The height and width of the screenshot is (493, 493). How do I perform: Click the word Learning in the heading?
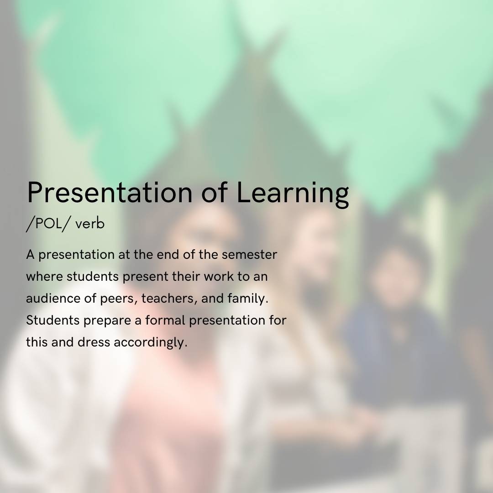pyautogui.click(x=292, y=193)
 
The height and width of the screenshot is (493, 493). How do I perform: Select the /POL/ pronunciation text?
pyautogui.click(x=47, y=224)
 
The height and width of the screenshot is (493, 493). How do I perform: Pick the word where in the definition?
pyautogui.click(x=44, y=276)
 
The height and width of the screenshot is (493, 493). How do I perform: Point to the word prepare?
pyautogui.click(x=107, y=321)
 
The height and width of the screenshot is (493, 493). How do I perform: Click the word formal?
pyautogui.click(x=165, y=320)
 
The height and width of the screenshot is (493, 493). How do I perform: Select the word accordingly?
pyautogui.click(x=150, y=343)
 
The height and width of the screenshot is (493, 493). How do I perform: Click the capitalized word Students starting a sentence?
pyautogui.click(x=52, y=320)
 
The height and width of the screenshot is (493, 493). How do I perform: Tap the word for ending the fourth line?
pyautogui.click(x=278, y=320)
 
